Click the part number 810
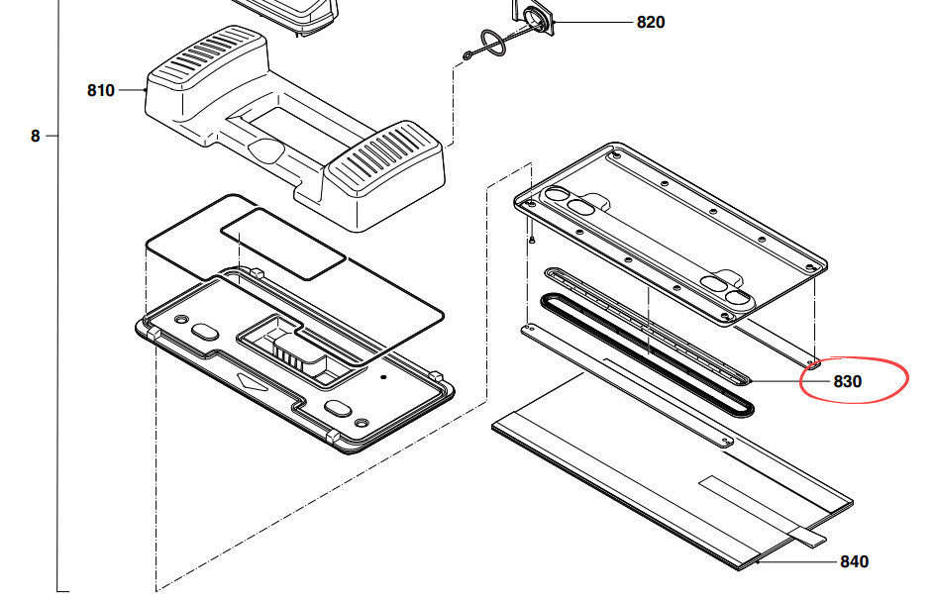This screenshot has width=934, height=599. click(x=101, y=90)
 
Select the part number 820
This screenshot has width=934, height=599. click(x=651, y=22)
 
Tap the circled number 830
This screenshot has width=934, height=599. click(x=847, y=381)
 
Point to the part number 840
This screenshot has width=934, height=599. click(x=854, y=561)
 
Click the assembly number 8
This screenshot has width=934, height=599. click(x=35, y=137)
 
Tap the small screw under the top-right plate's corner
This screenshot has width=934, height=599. click(x=531, y=239)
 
